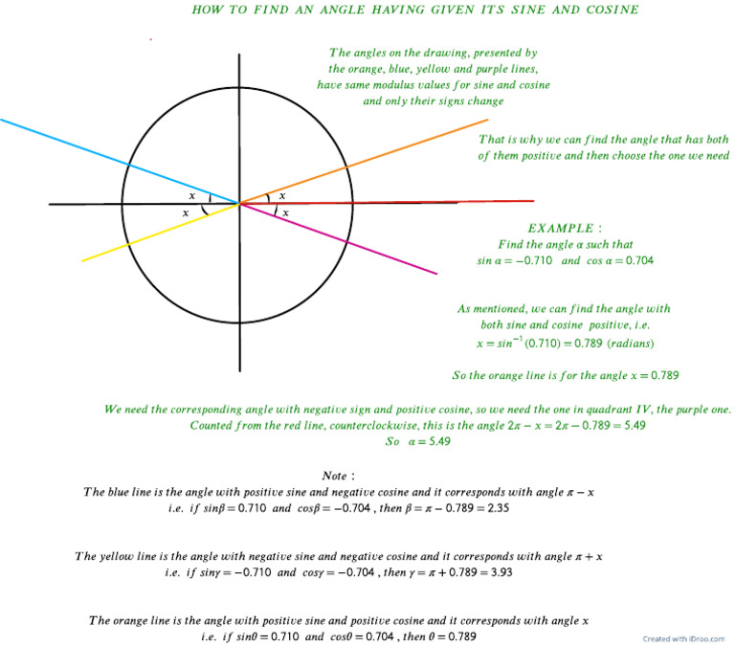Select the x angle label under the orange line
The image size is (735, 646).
click(x=282, y=195)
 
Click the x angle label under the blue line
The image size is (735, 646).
click(x=192, y=195)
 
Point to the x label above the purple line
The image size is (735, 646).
click(x=285, y=212)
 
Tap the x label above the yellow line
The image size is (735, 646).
click(x=186, y=212)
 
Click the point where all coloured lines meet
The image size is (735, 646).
click(x=238, y=203)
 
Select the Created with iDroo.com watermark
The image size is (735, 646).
click(x=683, y=638)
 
